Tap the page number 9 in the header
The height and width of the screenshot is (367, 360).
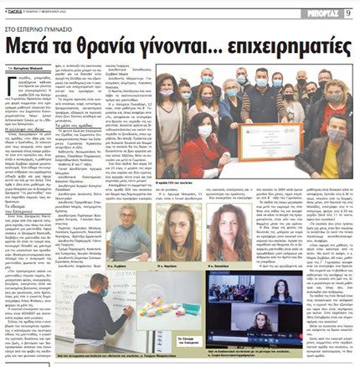pyautogui.click(x=347, y=12)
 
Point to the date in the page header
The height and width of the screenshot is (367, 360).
pyautogui.click(x=68, y=12)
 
